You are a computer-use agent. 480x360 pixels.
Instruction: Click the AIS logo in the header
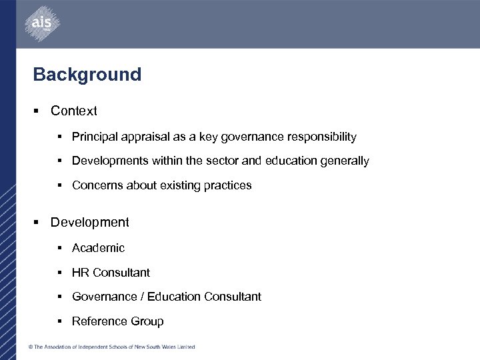41,25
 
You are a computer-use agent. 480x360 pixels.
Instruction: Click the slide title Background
87,74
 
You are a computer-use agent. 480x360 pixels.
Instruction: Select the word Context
74,111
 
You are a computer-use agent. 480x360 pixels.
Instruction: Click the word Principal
93,137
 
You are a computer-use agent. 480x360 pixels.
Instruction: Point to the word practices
227,186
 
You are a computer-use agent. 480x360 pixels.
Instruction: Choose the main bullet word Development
90,223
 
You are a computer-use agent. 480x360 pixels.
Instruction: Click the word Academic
98,248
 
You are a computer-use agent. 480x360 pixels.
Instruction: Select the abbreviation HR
81,273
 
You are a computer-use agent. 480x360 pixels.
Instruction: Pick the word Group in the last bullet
147,321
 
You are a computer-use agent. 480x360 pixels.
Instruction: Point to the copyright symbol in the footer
30,347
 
